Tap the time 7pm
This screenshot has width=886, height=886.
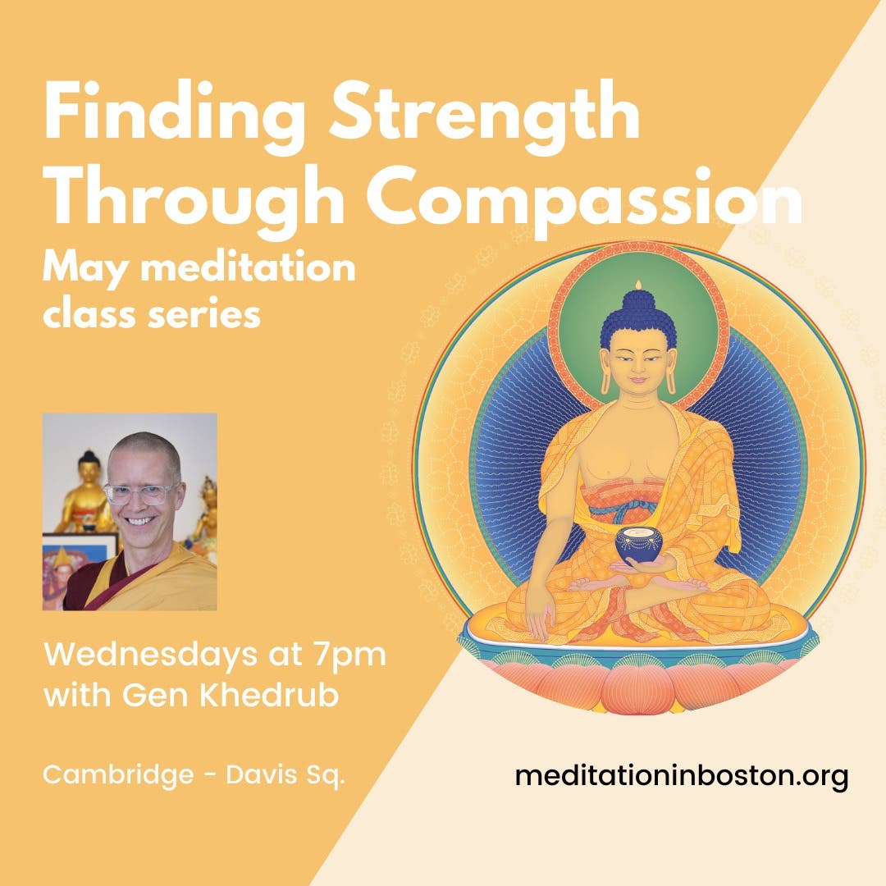pos(345,658)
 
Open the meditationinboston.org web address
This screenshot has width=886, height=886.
pos(681,774)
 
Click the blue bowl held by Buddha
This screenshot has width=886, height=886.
pos(639,544)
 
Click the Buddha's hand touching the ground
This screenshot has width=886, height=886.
pos(537,623)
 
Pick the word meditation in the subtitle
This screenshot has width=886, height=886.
pos(243,268)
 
